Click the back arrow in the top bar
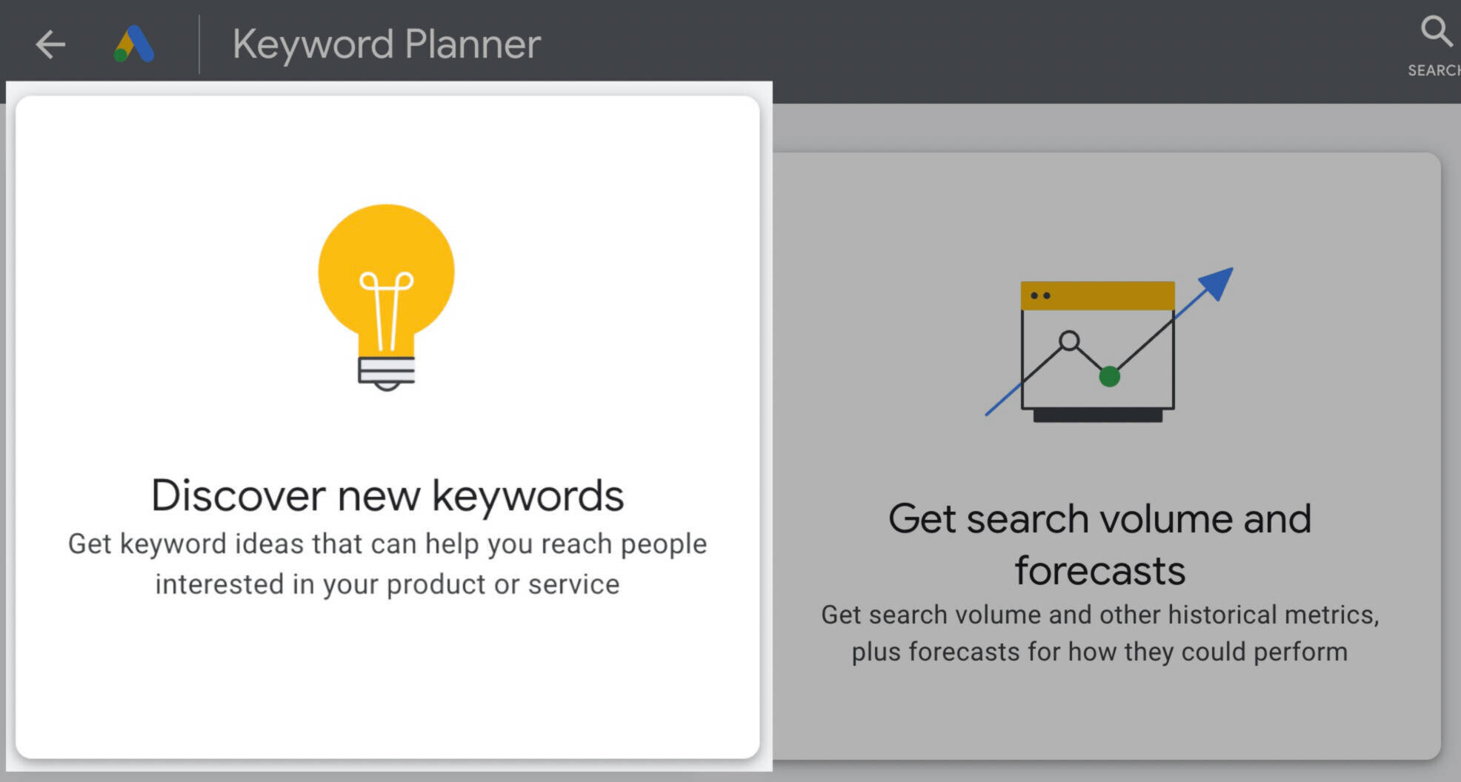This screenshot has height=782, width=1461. point(50,44)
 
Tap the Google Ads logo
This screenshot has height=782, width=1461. point(134,44)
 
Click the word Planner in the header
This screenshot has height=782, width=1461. point(473,45)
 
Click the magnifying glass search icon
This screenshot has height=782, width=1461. point(1436,31)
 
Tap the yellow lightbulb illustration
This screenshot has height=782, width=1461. point(387,297)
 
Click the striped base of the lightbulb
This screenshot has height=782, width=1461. point(387,371)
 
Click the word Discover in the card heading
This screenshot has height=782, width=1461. point(239,495)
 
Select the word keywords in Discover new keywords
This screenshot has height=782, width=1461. point(528,496)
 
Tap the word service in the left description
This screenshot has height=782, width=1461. point(574,584)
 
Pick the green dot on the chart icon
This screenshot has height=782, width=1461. point(1109,376)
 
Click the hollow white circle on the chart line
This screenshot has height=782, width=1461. point(1069,341)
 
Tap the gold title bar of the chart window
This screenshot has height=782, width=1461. point(1097,295)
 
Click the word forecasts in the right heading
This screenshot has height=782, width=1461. point(1100,571)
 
